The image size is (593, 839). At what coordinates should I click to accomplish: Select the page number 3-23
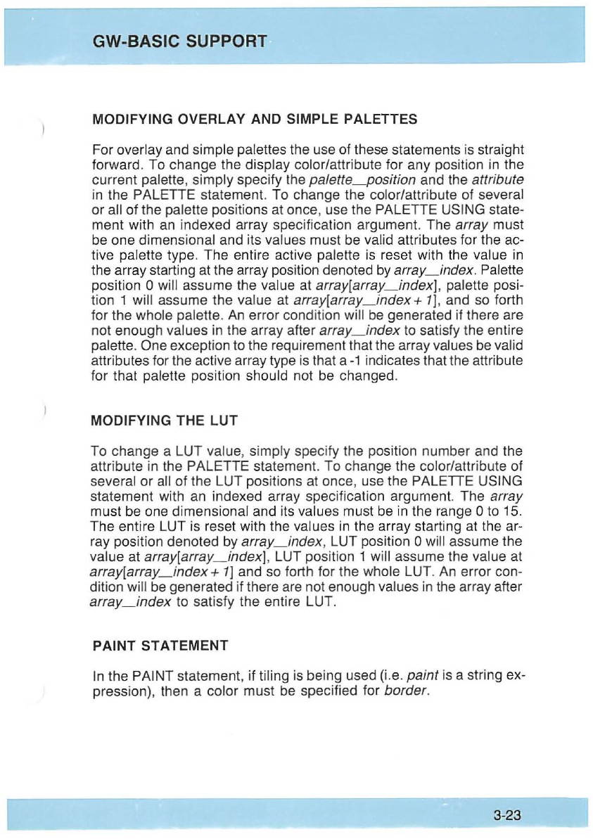507,816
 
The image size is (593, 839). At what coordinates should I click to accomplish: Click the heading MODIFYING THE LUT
165,421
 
